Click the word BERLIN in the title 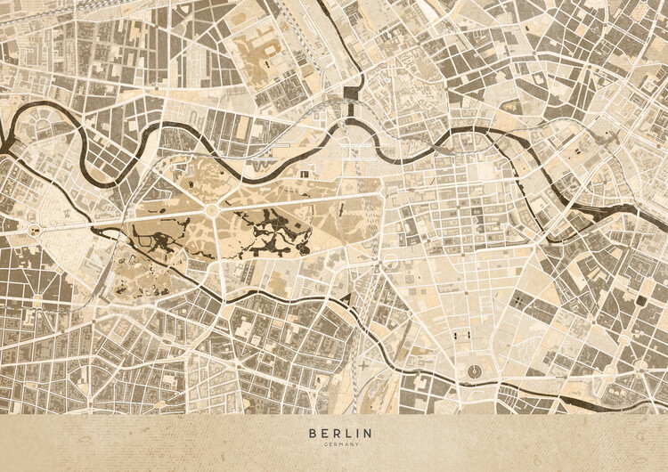(x=340, y=434)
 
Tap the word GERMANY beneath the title (x=340, y=444)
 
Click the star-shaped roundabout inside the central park (x=211, y=209)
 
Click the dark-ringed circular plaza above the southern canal (x=473, y=371)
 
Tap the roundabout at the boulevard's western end (x=34, y=230)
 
